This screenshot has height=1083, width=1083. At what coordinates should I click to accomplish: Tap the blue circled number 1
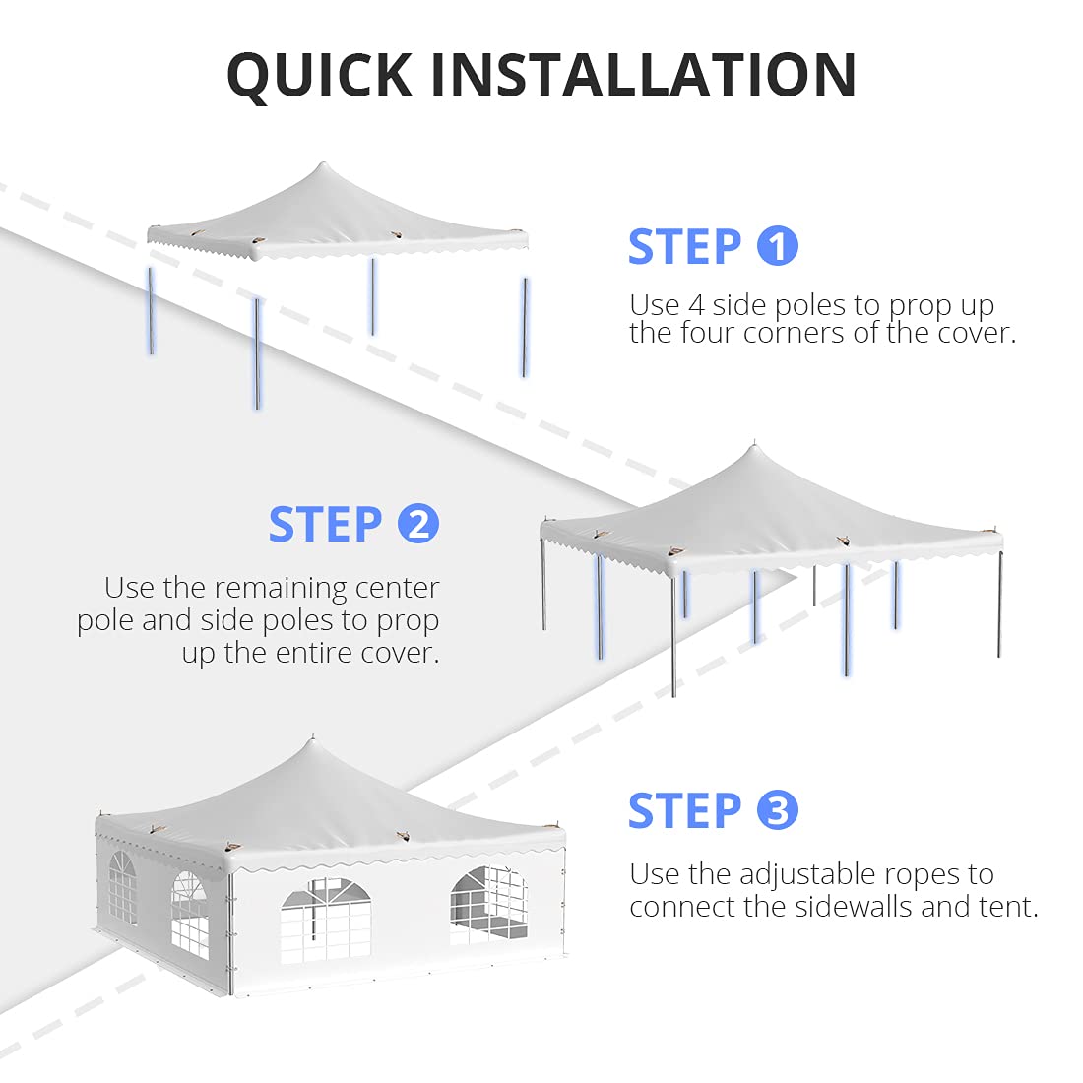click(x=777, y=246)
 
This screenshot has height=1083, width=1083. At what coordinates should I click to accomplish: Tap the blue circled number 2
click(x=418, y=524)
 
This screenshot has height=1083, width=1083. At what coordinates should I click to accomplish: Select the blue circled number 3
click(x=777, y=810)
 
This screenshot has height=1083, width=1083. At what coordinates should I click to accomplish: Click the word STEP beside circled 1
click(x=684, y=247)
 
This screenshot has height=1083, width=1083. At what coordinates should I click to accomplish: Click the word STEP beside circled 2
click(x=325, y=525)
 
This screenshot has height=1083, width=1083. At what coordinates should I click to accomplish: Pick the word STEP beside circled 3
click(x=684, y=811)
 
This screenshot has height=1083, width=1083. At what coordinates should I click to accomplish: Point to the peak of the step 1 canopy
click(x=322, y=165)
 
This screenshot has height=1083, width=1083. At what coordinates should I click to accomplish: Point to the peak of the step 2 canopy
click(x=753, y=448)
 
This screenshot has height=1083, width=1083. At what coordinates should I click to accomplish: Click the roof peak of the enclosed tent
click(x=313, y=740)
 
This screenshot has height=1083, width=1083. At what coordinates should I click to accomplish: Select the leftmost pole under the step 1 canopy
click(x=152, y=310)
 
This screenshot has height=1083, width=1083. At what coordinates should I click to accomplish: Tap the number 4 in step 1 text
click(x=696, y=305)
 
